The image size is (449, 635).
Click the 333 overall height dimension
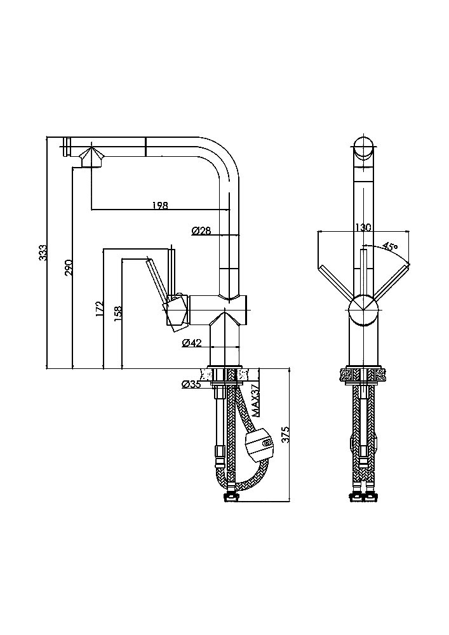(x=43, y=253)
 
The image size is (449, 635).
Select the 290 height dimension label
(x=69, y=267)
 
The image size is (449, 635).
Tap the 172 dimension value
(x=99, y=309)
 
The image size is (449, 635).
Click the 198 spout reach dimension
(x=160, y=205)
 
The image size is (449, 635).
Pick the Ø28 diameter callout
(x=201, y=231)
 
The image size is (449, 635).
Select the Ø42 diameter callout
(x=191, y=343)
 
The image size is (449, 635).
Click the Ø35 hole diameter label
(x=191, y=384)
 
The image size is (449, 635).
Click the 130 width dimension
(x=363, y=227)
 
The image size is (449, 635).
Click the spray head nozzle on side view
(x=90, y=157)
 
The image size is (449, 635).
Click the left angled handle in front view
(x=335, y=282)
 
